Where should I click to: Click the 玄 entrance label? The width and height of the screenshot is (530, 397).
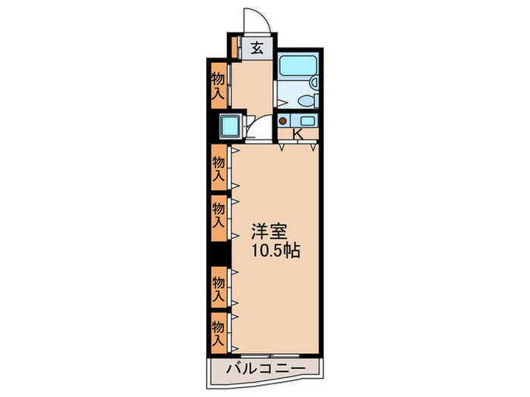coord(257,48)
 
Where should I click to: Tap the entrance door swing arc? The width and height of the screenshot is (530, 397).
coord(253,20)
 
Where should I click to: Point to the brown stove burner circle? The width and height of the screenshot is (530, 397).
coord(283,121)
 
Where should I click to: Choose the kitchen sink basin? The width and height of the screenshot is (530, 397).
coord(307,121)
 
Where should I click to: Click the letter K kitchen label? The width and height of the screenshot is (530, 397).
coord(298,135)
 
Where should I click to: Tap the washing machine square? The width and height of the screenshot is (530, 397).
coord(231,126)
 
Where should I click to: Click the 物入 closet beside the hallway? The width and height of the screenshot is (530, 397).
coord(218,85)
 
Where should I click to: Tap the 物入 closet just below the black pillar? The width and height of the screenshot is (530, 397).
coord(219,288)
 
